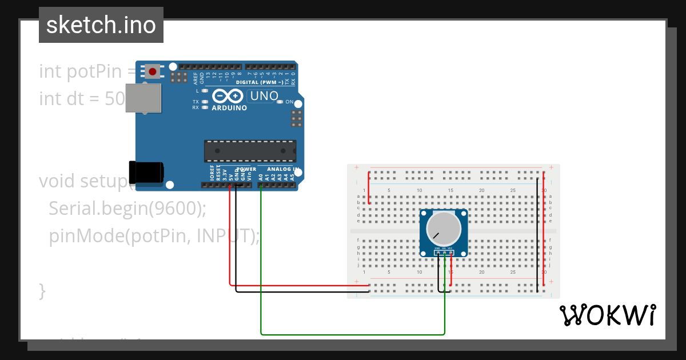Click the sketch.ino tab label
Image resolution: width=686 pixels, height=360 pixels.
coord(101,25)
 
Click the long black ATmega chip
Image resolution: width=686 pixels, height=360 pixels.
coord(250,150)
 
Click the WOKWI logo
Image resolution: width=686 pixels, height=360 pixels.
coord(607,315)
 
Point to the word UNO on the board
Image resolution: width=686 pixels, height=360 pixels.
coord(264,96)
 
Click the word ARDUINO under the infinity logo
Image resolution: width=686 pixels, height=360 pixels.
coord(229,107)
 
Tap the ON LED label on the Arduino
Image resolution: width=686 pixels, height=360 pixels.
coord(289,102)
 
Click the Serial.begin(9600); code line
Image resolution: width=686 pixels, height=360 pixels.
coord(127,209)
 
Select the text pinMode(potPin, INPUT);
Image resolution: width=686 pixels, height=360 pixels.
coord(154,235)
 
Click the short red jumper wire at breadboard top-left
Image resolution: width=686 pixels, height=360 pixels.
coord(369,187)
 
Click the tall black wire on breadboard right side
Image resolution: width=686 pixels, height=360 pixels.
coord(537,234)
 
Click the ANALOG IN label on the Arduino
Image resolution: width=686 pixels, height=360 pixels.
coord(279,170)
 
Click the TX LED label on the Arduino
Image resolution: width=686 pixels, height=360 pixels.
coord(196,101)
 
